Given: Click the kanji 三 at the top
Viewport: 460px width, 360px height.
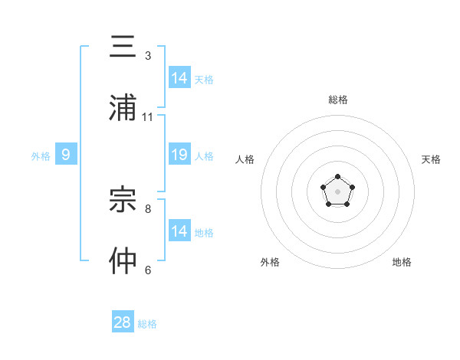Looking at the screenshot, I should pos(123,48).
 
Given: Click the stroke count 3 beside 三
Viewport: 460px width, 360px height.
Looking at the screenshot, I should pos(148,56).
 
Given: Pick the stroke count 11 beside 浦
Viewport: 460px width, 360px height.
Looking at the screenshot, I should pos(148,117).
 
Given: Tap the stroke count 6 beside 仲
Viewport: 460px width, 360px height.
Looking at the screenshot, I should pos(148,270).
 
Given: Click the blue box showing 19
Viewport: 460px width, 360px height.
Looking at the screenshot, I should pos(179,155).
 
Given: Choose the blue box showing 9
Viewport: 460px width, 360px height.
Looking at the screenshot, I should pos(66,155).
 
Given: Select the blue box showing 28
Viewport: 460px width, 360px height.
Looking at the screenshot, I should pos(123,322).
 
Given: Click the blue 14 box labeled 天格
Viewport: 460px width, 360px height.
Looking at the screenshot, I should pos(179,77).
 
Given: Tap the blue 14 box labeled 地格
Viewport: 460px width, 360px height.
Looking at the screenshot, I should pos(179,231).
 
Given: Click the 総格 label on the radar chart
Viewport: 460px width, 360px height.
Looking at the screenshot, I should pos(337,100).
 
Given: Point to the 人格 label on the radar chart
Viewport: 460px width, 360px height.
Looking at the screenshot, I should pos(245,159).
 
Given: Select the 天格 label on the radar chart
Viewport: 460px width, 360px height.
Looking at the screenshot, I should pos(431,159).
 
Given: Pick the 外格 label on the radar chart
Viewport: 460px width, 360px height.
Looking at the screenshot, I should pos(270,262).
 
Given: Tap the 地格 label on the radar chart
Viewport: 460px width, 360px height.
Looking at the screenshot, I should pos(402,262).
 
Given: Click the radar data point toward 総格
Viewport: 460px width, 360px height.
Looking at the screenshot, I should pos(337,177).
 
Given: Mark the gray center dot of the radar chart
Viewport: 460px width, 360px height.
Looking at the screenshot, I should pos(337,191).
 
